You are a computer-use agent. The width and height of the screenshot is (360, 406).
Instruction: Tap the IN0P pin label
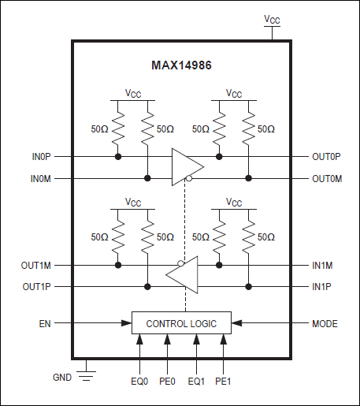(x=43, y=157)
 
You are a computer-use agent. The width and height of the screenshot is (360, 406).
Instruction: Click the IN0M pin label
(x=43, y=179)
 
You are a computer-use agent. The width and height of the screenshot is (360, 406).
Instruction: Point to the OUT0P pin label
(x=326, y=157)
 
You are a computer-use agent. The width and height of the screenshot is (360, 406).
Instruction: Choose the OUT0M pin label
(x=326, y=179)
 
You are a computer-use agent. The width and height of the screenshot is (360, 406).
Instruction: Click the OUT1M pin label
(x=38, y=266)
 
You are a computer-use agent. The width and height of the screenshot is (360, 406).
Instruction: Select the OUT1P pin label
(x=38, y=286)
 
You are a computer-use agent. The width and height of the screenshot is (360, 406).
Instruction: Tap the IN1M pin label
(x=323, y=266)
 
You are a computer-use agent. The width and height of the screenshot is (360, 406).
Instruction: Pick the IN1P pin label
(x=323, y=286)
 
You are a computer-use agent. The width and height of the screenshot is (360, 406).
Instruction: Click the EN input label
(x=45, y=322)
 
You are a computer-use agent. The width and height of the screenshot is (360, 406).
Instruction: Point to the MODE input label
(x=325, y=322)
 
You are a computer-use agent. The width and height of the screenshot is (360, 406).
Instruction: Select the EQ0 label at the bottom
(x=140, y=382)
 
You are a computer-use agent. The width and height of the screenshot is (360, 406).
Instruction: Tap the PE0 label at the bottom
(x=168, y=382)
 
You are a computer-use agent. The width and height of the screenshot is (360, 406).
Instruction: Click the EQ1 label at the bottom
(x=196, y=382)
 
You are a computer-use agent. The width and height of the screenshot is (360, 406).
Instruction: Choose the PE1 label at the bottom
(x=225, y=382)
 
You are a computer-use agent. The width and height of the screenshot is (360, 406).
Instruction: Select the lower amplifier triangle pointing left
(x=183, y=276)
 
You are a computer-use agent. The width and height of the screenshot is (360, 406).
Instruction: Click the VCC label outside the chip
(x=271, y=19)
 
